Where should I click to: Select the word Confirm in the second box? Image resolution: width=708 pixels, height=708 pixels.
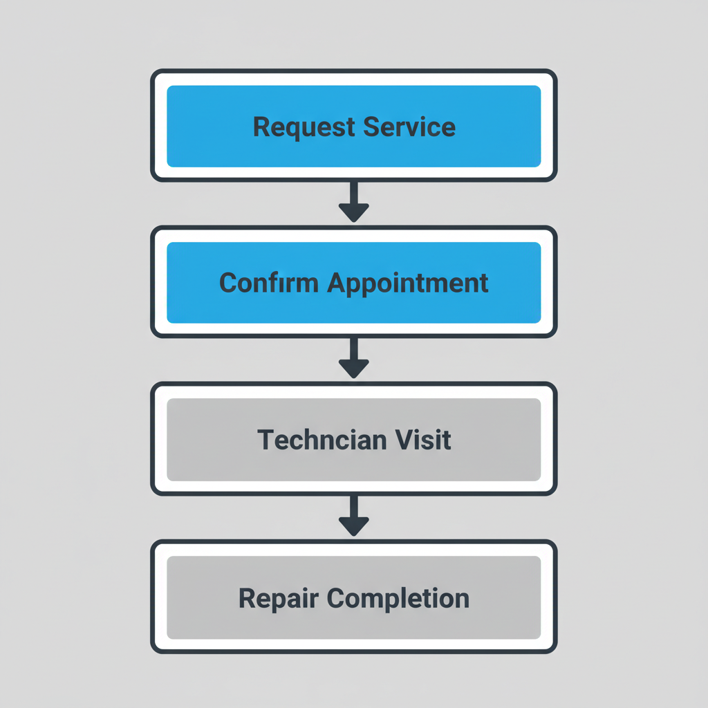click(270, 283)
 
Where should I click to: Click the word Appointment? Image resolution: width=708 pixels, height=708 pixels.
click(408, 283)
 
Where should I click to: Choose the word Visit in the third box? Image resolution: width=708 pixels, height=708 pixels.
click(424, 440)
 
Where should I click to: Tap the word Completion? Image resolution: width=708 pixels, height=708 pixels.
click(398, 598)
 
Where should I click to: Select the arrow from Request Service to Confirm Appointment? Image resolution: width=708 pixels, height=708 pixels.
click(354, 201)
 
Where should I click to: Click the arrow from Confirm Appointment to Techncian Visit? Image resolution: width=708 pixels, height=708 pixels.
click(354, 357)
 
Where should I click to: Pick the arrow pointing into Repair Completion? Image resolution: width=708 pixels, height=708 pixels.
click(354, 514)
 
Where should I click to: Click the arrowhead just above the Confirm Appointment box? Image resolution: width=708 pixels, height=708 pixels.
click(354, 212)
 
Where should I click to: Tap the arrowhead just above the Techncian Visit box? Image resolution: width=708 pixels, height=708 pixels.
click(354, 369)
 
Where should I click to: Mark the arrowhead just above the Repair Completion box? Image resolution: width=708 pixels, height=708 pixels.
click(354, 526)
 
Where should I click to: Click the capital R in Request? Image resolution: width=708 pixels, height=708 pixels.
click(261, 127)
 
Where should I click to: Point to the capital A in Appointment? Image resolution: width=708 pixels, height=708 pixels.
click(337, 283)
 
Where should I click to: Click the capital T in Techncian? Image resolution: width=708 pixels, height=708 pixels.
click(265, 440)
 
